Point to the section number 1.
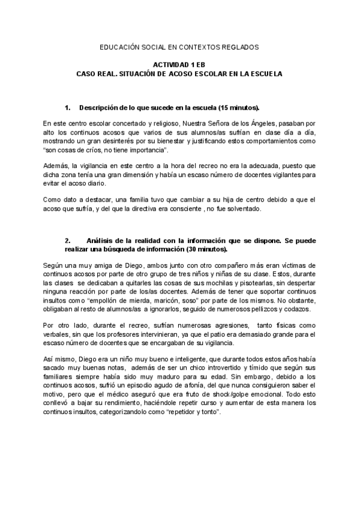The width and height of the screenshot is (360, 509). [67, 107]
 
